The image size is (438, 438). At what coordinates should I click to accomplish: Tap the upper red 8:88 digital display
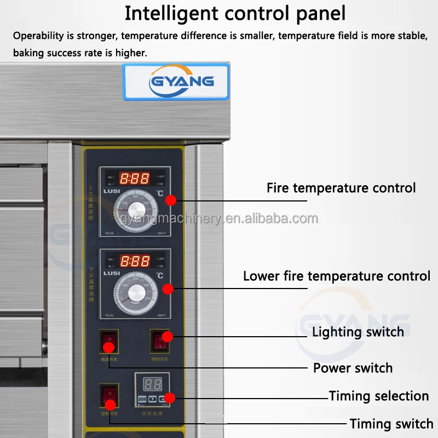click(135, 178)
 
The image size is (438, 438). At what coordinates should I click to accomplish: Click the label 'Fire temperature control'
click(341, 188)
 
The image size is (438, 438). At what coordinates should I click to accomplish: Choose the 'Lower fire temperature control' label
click(337, 276)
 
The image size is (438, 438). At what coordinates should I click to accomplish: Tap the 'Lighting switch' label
click(358, 332)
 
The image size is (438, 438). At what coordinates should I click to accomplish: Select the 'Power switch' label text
click(353, 368)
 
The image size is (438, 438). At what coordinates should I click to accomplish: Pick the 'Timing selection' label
click(378, 396)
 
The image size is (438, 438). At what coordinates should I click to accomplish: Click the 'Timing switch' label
click(391, 424)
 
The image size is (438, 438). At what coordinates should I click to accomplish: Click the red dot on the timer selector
click(169, 398)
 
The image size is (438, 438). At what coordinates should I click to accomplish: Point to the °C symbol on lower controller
click(160, 275)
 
